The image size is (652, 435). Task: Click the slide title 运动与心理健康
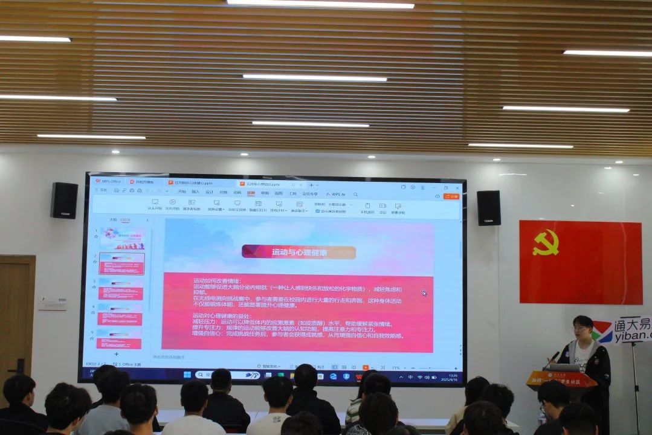point(299,253)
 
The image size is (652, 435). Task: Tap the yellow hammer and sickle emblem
point(546,242)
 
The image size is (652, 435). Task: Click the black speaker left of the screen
point(64,200)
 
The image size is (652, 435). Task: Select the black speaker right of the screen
point(488,208)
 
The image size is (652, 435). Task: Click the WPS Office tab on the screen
point(108,181)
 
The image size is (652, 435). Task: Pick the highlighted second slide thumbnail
point(121,263)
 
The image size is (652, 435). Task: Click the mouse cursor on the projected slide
point(424,293)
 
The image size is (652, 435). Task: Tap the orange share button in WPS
point(451,196)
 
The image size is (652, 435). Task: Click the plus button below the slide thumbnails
point(116,353)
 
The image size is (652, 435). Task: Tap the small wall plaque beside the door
point(53,304)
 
